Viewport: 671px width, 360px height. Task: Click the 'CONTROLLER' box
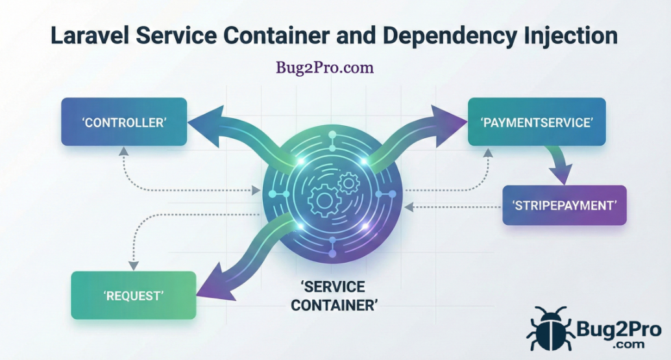point(124,122)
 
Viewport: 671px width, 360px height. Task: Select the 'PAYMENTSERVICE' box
point(537,122)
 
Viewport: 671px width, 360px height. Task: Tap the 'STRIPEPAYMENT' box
point(564,205)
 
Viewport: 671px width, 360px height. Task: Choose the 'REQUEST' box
point(133,295)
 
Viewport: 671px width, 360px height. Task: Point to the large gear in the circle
point(325,200)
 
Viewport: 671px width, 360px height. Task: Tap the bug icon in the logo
point(550,329)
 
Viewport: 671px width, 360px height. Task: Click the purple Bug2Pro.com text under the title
point(325,67)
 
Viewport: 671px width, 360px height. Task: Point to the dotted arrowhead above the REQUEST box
point(134,265)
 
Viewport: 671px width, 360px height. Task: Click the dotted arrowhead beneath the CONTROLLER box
point(123,151)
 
